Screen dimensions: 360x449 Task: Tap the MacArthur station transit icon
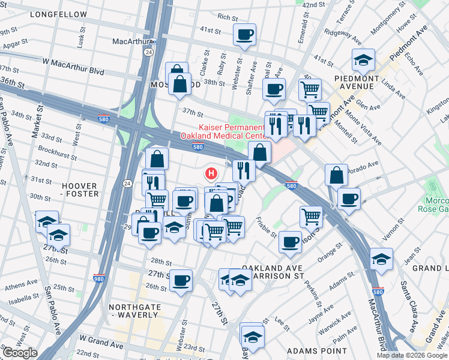[x=153, y=41]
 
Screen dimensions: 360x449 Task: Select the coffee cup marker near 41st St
[x=244, y=35]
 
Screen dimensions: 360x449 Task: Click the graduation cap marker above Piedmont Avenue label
[x=363, y=60]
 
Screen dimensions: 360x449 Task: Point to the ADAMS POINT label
[x=316, y=350]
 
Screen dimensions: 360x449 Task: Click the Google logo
[x=20, y=353]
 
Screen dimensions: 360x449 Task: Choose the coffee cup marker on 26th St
[x=181, y=280]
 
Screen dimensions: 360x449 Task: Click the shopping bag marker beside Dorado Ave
[x=337, y=175]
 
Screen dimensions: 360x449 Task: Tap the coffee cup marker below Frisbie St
[x=290, y=242]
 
